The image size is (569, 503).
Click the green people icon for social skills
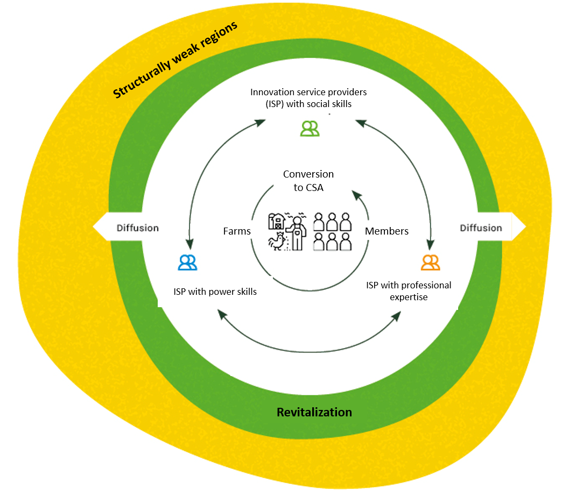coord(310,128)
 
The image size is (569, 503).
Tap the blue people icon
coord(187,262)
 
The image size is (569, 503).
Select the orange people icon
coord(430,262)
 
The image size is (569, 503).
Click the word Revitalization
coord(314,412)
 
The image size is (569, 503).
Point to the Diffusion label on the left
coord(138,228)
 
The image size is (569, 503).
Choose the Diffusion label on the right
coord(481,228)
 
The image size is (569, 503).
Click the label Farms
coord(237,231)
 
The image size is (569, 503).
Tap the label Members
coord(387,231)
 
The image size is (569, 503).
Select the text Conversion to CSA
coord(308,181)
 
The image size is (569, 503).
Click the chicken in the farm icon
coord(277,243)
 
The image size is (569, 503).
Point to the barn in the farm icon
coord(276,221)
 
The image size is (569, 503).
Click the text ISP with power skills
coord(215,292)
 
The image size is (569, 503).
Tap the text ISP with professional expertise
coord(409,291)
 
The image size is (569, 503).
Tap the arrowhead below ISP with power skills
coord(221,314)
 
